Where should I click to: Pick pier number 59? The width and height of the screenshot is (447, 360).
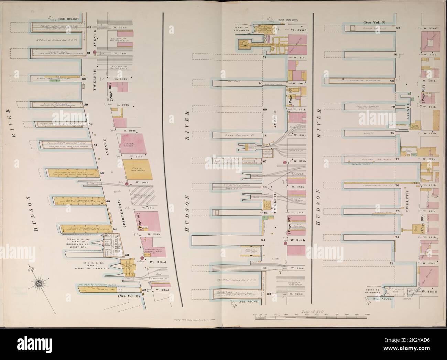(86, 104)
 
